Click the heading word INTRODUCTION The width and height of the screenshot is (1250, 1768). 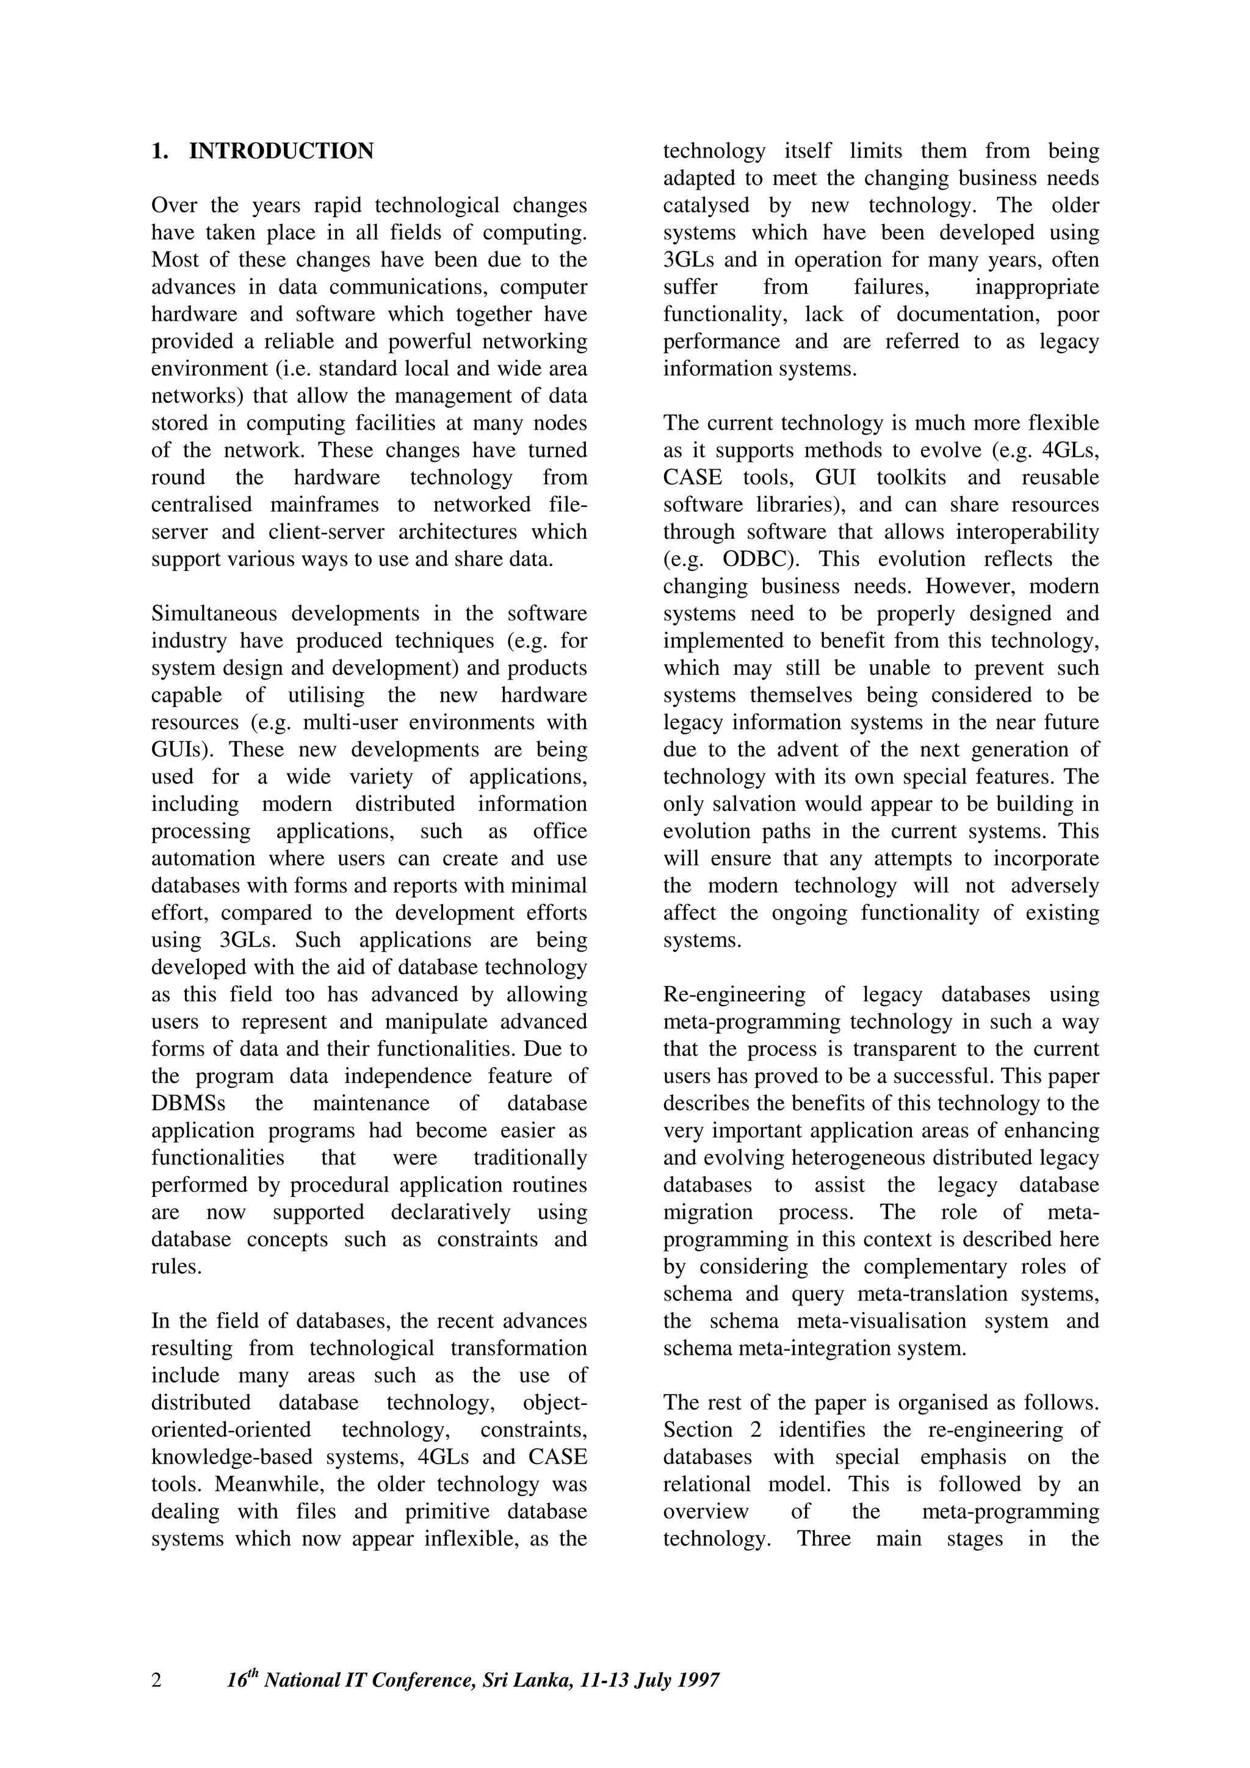pyautogui.click(x=281, y=152)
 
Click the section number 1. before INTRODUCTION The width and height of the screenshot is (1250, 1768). pyautogui.click(x=159, y=152)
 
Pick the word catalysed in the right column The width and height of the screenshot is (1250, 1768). pyautogui.click(x=706, y=206)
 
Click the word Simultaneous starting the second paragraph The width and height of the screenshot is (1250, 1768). pyautogui.click(x=215, y=614)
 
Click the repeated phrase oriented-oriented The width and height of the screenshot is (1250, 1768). pyautogui.click(x=231, y=1430)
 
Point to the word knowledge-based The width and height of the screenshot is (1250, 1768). pyautogui.click(x=233, y=1457)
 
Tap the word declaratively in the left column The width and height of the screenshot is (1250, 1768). pyautogui.click(x=450, y=1212)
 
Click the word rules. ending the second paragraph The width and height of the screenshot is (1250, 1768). pyautogui.click(x=176, y=1267)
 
